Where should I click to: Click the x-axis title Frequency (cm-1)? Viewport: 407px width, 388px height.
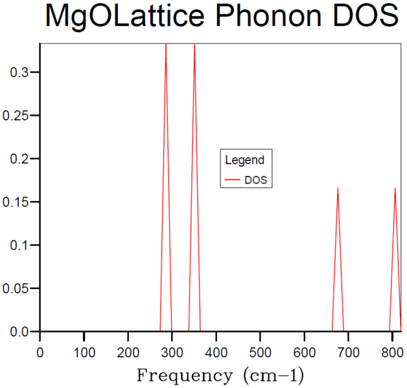point(220,375)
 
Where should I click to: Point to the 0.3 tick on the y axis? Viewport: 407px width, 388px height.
point(19,72)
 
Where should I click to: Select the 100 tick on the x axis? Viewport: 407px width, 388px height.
point(84,352)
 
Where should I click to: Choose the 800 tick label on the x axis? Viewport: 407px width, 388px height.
point(391,352)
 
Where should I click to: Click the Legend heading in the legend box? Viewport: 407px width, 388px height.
point(244,160)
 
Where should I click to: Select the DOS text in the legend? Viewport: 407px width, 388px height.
point(255,180)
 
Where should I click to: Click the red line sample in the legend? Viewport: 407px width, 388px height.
point(232,180)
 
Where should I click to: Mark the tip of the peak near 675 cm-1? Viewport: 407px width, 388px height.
point(338,188)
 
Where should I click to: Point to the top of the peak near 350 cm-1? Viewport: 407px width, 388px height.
point(194,45)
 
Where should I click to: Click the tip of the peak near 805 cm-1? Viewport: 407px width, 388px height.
point(395,188)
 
